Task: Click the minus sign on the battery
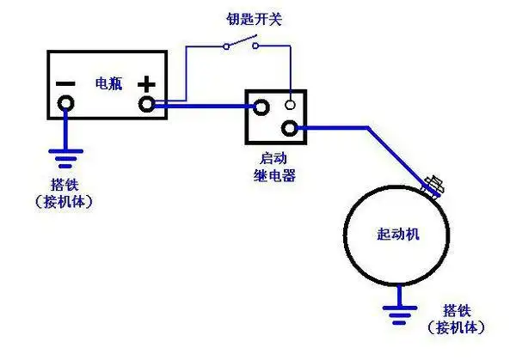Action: (x=64, y=84)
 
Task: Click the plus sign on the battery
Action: (x=148, y=84)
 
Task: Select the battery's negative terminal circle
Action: (x=64, y=106)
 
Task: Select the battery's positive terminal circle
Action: (x=148, y=105)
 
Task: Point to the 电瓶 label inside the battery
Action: (x=107, y=84)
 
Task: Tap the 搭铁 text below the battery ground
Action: (x=64, y=185)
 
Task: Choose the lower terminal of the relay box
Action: (x=292, y=129)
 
